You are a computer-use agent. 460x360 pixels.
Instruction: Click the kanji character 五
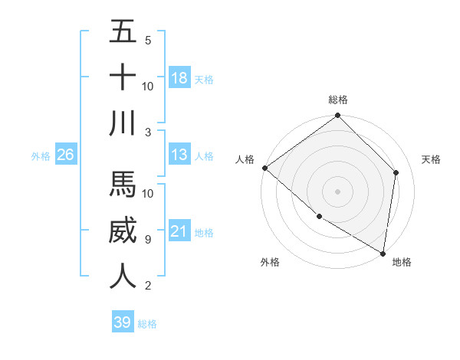[x=123, y=32]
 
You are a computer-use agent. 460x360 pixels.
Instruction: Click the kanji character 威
[x=123, y=231]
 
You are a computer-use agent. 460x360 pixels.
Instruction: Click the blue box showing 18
[x=179, y=78]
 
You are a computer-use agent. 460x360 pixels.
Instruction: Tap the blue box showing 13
[x=179, y=155]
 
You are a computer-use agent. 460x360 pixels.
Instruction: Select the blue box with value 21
[x=179, y=231]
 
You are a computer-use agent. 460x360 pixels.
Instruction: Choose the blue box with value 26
[x=66, y=155]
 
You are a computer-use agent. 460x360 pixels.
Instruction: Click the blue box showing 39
[x=123, y=322]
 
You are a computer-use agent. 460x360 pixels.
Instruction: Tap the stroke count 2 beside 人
[x=147, y=286]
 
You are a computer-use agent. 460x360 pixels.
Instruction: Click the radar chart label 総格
[x=338, y=100]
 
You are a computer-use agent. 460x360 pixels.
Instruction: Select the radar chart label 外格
[x=270, y=262]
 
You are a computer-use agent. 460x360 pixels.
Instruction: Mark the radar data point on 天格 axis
[x=396, y=172]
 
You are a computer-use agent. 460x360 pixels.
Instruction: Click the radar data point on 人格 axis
[x=264, y=168]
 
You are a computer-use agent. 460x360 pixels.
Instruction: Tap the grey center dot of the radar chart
[x=338, y=191]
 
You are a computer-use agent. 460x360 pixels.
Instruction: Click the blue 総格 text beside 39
[x=148, y=324]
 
